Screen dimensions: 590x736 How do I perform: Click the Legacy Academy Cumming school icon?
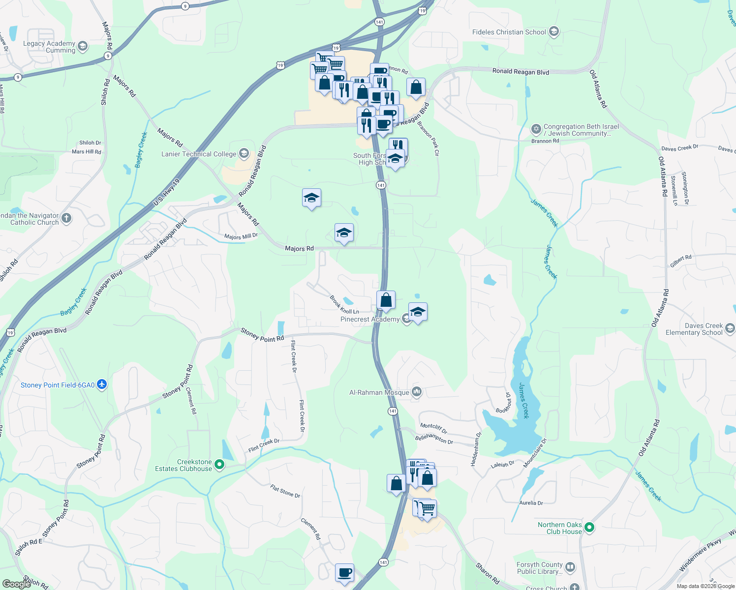[x=83, y=47]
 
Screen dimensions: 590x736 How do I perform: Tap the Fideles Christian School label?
[x=509, y=32]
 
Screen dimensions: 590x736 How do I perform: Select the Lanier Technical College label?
[x=199, y=154]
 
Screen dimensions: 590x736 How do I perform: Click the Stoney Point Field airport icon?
[x=102, y=384]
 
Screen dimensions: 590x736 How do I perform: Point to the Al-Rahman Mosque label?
[x=379, y=392]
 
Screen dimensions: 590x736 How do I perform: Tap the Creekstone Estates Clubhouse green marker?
[x=220, y=464]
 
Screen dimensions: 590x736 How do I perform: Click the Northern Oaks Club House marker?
[x=589, y=528]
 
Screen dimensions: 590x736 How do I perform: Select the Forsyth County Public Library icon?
[x=570, y=567]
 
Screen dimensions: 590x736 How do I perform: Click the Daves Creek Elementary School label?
[x=694, y=329]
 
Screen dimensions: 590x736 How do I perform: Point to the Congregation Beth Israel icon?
[x=536, y=129]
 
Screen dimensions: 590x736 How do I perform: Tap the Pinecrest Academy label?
[x=370, y=319]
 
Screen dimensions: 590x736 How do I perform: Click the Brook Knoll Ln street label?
[x=344, y=305]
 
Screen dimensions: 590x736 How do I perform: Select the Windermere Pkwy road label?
[x=700, y=555]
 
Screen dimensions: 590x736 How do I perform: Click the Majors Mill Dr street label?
[x=241, y=236]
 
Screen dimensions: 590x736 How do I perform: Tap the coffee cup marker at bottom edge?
[x=344, y=573]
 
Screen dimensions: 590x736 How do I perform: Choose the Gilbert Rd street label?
[x=680, y=261]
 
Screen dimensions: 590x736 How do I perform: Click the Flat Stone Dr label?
[x=285, y=491]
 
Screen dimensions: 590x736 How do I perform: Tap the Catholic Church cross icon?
[x=66, y=218]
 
